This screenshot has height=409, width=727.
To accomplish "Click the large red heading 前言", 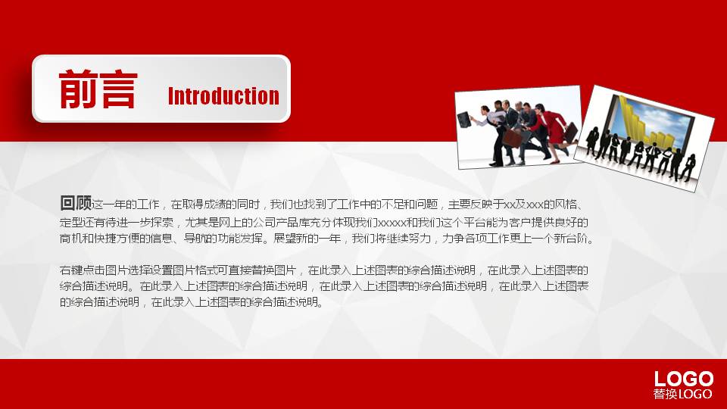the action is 98,89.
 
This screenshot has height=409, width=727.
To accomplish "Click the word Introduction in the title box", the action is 223,96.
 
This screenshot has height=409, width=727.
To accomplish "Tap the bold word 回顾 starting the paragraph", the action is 76,203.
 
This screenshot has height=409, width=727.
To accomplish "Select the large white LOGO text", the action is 683,379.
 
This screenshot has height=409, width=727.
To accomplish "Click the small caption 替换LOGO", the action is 682,394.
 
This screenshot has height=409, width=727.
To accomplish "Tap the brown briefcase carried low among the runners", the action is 515,138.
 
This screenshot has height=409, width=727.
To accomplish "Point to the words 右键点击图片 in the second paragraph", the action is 87,270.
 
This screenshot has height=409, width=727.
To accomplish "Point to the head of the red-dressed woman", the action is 539,108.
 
